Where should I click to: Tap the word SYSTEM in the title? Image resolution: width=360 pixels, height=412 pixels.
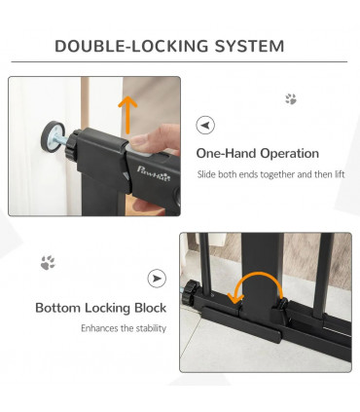tap(249, 46)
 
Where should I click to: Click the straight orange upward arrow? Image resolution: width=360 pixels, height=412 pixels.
tap(127, 115)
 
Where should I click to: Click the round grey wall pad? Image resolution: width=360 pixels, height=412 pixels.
tap(52, 136)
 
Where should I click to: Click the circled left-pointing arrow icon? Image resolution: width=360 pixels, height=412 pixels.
tap(205, 125)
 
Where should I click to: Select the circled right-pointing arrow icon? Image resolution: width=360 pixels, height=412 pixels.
tap(157, 279)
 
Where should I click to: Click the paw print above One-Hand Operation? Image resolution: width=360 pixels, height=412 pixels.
tap(291, 99)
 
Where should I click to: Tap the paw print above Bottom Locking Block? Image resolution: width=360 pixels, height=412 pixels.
tap(48, 262)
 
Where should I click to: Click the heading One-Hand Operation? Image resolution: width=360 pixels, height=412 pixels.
tap(258, 153)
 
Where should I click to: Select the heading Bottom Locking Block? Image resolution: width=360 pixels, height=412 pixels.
tap(100, 308)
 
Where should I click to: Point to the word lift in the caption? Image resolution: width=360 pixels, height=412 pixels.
tap(340, 174)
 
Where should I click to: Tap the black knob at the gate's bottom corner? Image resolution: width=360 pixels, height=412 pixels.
tap(188, 293)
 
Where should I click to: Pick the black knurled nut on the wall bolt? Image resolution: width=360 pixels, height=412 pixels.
tap(71, 144)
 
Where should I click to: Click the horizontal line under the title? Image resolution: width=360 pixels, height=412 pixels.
tap(179, 61)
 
